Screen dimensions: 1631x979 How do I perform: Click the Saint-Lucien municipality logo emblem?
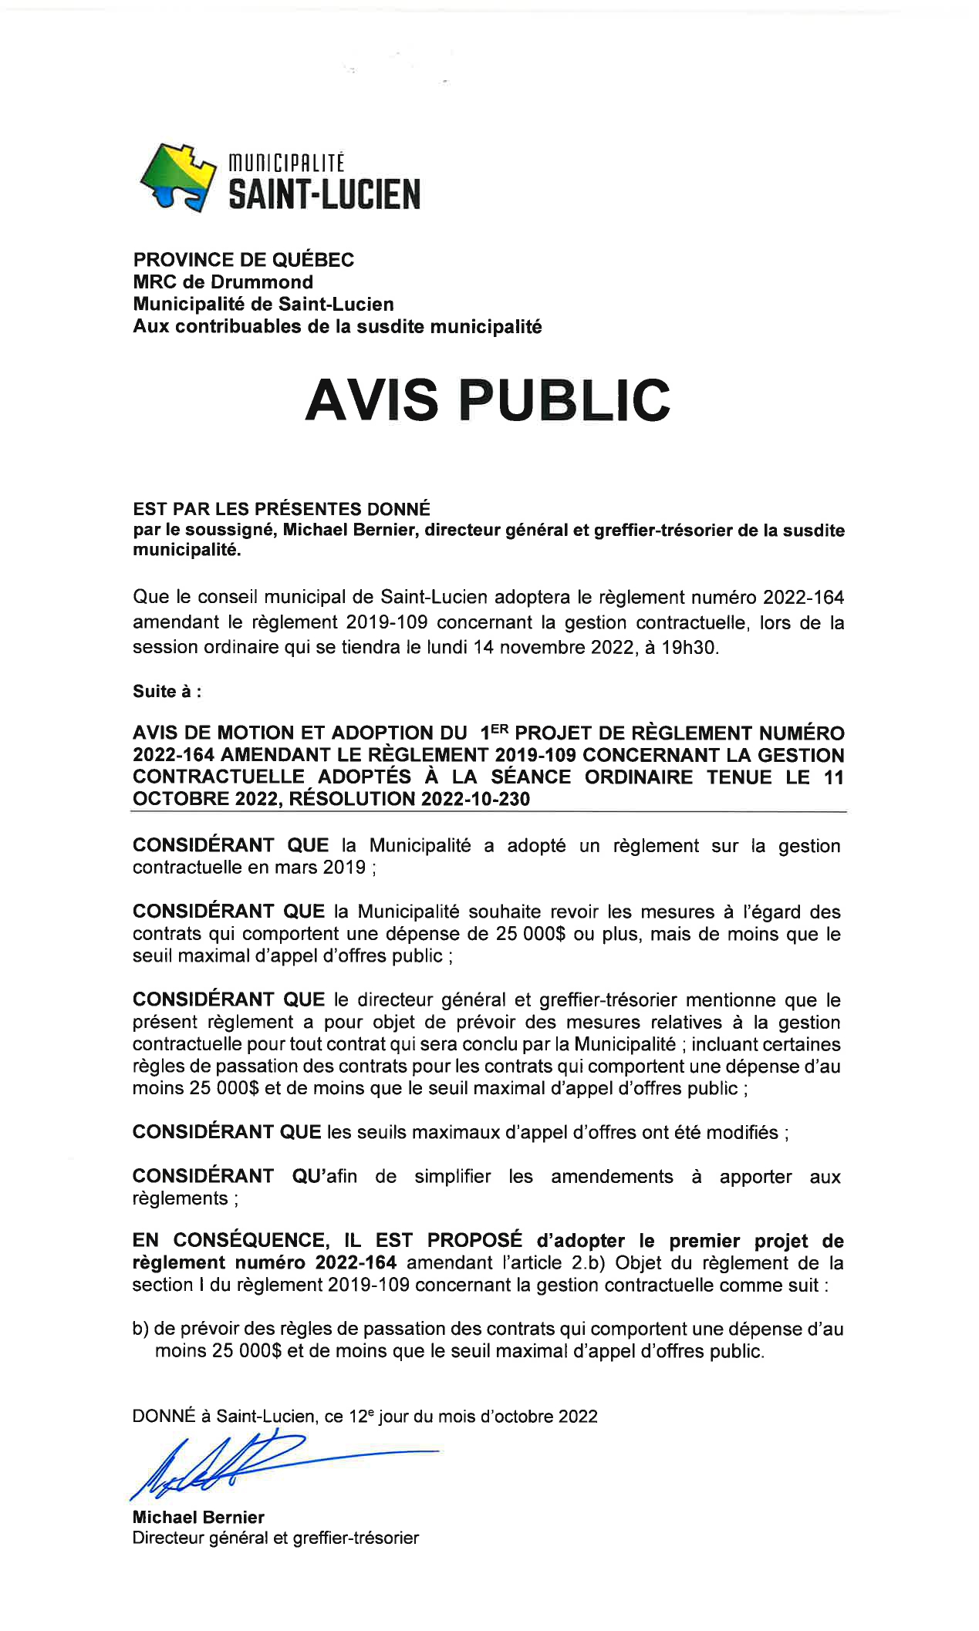coord(177,177)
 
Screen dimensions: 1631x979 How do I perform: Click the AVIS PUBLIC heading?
coord(488,400)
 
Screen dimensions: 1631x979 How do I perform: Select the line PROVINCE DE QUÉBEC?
coord(243,260)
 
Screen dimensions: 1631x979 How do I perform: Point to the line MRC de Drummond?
coord(223,282)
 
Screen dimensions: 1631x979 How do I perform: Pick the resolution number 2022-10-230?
coord(476,799)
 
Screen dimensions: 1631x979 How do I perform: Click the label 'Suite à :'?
coord(167,691)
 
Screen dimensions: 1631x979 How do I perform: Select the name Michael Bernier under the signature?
coord(198,1517)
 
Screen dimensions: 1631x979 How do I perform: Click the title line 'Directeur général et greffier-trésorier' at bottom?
coord(275,1538)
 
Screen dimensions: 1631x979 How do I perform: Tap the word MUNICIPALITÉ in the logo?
coord(286,163)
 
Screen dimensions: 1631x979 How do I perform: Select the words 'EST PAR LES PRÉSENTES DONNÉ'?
coord(282,509)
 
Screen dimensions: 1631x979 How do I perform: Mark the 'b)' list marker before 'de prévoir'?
coord(140,1329)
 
